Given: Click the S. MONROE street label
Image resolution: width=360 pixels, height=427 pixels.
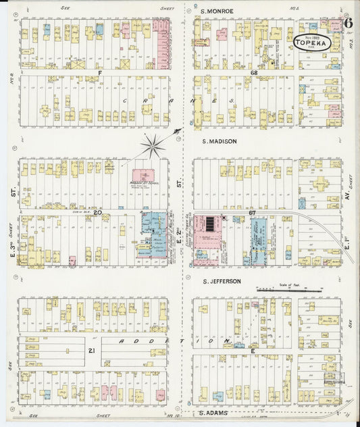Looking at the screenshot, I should [217, 11].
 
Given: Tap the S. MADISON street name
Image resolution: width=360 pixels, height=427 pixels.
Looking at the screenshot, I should [220, 141].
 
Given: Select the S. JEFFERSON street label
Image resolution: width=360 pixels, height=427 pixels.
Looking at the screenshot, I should [222, 281].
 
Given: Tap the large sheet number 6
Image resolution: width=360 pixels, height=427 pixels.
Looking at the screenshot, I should [348, 22].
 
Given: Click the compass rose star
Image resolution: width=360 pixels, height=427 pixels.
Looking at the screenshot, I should [154, 143].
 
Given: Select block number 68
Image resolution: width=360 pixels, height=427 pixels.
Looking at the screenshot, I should [254, 72].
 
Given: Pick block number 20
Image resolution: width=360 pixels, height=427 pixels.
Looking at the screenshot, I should [97, 213].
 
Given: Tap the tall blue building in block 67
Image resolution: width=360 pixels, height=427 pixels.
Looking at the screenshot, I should [259, 241].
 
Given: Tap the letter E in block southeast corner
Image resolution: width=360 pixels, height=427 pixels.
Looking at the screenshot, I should [253, 351].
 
